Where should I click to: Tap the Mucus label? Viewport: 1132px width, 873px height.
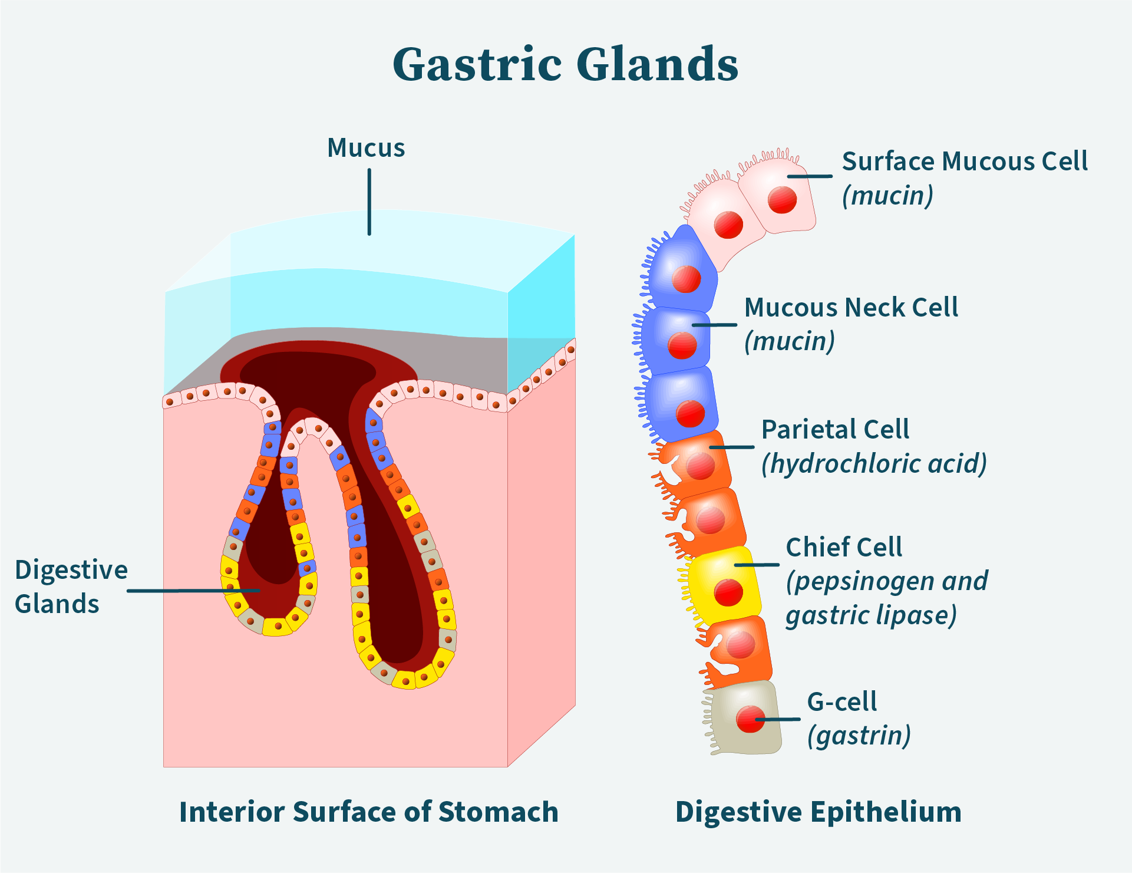click(366, 148)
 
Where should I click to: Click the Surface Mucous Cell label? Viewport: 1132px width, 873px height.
click(964, 162)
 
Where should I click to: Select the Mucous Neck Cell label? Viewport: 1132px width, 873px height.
click(851, 308)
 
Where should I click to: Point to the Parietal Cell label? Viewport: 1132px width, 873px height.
click(835, 430)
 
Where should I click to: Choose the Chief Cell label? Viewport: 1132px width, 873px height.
click(844, 548)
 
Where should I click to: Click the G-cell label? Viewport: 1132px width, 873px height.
click(841, 702)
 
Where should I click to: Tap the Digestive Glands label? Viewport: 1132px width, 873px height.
click(71, 587)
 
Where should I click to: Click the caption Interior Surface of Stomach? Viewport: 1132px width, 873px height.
click(369, 812)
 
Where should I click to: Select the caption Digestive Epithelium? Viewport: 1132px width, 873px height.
click(818, 812)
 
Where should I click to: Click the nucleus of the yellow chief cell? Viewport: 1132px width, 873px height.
click(728, 592)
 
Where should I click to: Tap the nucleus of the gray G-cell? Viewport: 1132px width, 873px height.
click(750, 719)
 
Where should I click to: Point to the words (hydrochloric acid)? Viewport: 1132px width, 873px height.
click(874, 464)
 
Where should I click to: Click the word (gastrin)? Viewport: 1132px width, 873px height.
click(859, 736)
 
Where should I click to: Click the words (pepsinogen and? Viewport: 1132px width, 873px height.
click(887, 582)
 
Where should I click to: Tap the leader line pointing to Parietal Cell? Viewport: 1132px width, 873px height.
click(731, 447)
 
